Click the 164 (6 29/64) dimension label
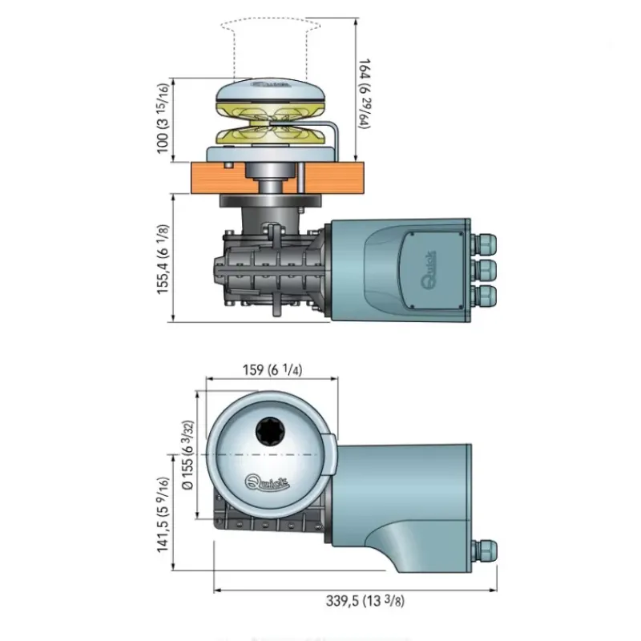point(365,94)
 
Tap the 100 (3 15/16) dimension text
point(163,119)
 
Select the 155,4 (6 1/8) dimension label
point(163,259)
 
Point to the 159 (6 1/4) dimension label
point(272,369)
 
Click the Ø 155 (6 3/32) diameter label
point(187,455)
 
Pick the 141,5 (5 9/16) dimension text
point(163,514)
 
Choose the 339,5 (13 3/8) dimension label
point(365,600)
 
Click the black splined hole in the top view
point(270,431)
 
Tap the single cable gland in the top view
point(485,550)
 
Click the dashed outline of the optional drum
point(235,49)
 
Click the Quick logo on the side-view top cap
point(271,86)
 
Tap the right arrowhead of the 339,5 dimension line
point(494,590)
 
